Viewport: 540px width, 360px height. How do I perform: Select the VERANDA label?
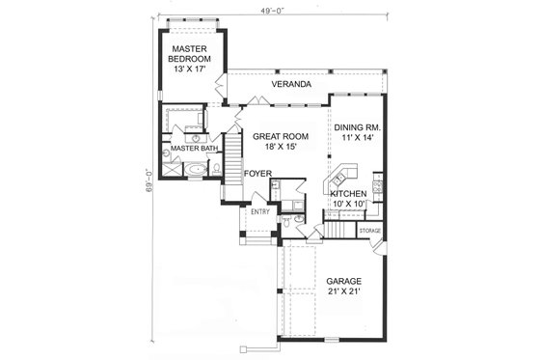point(290,85)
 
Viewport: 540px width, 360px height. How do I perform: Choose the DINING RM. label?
point(359,126)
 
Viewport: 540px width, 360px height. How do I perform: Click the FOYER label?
point(256,174)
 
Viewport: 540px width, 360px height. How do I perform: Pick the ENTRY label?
point(259,211)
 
